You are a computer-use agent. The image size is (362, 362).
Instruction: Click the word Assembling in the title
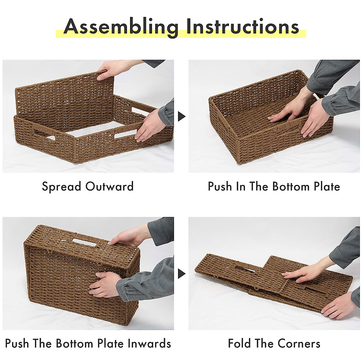(x=121, y=27)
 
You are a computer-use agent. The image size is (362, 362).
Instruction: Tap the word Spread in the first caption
(x=62, y=187)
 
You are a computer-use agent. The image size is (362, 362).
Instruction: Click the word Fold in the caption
(x=240, y=343)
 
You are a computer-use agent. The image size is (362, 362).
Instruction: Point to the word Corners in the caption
(x=299, y=343)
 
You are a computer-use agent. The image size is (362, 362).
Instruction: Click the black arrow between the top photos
(x=181, y=116)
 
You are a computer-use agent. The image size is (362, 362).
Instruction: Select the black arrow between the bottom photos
(x=181, y=274)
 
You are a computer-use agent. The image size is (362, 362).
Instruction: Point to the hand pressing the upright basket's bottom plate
(x=104, y=284)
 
